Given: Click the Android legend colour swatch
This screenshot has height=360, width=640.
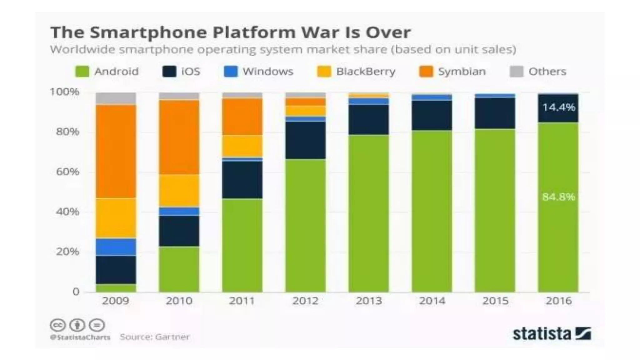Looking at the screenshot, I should (x=82, y=72).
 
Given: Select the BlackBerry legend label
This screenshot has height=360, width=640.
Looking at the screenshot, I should (x=366, y=72).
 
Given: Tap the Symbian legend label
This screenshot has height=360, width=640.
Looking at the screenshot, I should (x=462, y=72).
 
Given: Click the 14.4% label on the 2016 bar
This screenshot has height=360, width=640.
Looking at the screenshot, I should (x=558, y=107).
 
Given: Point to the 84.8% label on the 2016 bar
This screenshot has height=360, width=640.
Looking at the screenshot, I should (x=558, y=197).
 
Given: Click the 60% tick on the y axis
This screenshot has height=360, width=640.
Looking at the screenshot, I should (x=67, y=172).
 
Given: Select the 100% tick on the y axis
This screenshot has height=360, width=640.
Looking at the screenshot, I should (x=64, y=92).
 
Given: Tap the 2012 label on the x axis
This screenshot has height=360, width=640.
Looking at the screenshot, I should (x=305, y=301).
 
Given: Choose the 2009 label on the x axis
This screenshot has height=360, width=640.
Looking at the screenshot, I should (x=116, y=301).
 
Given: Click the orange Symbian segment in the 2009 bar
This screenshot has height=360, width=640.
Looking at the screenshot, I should (x=116, y=152).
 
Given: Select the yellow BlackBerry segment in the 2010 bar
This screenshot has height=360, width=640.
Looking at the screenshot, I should (x=179, y=191).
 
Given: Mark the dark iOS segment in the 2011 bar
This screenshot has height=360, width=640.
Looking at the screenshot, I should (x=242, y=180).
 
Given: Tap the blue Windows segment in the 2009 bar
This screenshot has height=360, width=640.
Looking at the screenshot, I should (x=116, y=247).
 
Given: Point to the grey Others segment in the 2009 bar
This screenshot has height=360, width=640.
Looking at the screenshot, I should (x=116, y=98).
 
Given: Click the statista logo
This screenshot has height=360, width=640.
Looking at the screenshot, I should (x=552, y=333).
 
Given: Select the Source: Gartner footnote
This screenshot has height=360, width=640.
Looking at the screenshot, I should (x=155, y=337).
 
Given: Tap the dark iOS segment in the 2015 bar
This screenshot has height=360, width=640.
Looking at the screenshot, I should (x=495, y=113).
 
